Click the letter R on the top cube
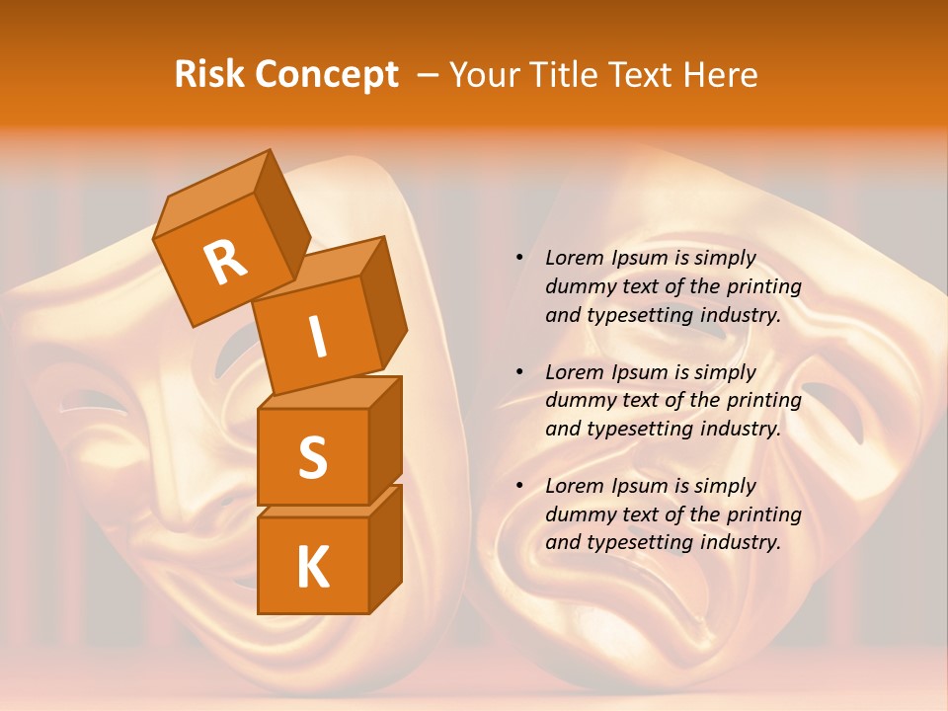(x=225, y=263)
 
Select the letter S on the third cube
(x=312, y=457)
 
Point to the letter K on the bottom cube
(x=312, y=568)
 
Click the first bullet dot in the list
(x=518, y=258)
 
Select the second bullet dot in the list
(x=518, y=372)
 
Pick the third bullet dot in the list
(x=518, y=486)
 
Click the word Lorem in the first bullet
(x=573, y=258)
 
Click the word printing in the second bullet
(x=764, y=400)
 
